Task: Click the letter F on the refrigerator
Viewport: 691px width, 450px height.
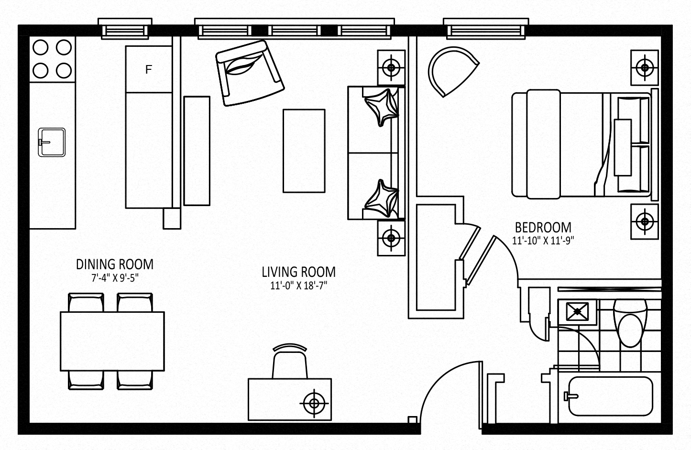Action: pos(149,70)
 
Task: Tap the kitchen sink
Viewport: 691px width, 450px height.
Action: pos(52,142)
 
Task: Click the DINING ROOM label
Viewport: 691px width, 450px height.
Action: pos(115,264)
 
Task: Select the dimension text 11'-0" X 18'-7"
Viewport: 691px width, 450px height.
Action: pos(298,286)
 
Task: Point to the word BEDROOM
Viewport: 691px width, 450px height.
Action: pos(543,228)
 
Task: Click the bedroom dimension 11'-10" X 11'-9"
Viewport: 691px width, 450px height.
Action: pos(543,241)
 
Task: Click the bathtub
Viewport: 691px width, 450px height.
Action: pos(611,396)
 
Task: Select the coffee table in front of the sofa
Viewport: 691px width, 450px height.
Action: pos(304,151)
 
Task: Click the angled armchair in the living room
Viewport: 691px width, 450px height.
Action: pos(249,73)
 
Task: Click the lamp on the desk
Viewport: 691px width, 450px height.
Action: pos(314,403)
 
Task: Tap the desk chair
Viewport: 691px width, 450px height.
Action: pos(290,362)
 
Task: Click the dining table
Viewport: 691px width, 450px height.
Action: pos(112,341)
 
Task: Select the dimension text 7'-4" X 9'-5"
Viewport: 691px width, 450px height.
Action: pos(115,278)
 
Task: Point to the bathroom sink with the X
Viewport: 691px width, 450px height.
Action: pos(577,311)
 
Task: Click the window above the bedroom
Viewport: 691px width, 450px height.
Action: pos(486,29)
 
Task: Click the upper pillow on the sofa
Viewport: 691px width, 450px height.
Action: pos(381,107)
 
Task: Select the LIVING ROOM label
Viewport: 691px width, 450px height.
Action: pos(298,272)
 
